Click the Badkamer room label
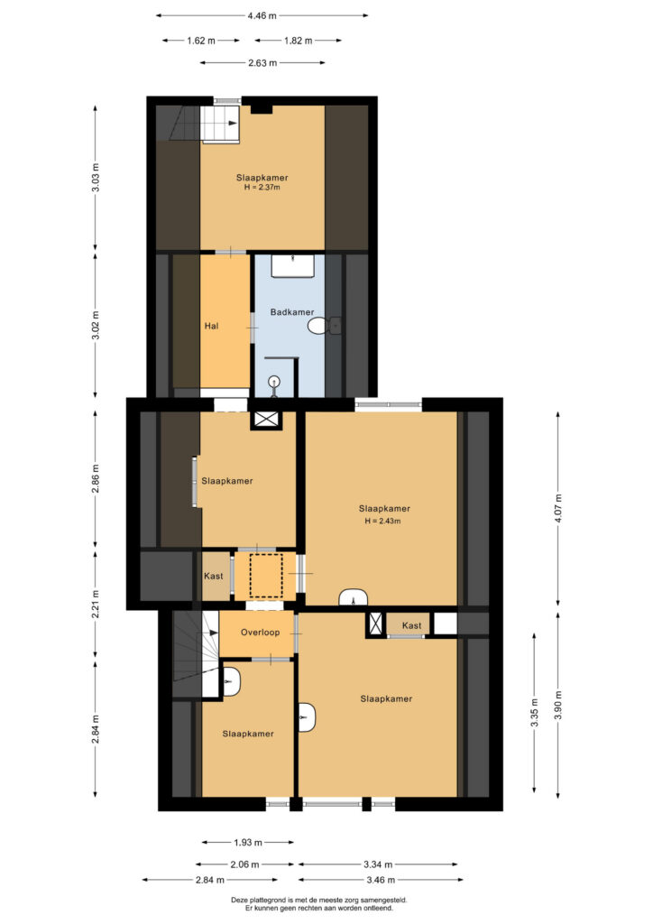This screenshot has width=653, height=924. click(x=292, y=311)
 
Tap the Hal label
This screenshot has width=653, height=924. click(x=211, y=325)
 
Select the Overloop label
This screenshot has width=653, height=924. click(x=261, y=633)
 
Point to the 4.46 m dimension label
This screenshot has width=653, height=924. click(x=262, y=16)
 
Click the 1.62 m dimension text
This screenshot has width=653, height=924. click(x=201, y=41)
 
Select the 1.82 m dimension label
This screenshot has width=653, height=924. click(x=298, y=41)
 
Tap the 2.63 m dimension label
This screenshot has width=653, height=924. click(x=262, y=62)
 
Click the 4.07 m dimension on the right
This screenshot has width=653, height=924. click(x=558, y=508)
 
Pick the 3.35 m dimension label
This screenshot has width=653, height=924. click(x=535, y=713)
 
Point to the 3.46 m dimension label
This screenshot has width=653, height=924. click(x=381, y=880)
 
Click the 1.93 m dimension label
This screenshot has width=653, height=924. click(x=248, y=842)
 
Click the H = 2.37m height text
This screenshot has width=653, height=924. click(x=262, y=188)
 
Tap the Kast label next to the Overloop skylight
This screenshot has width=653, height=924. click(x=213, y=576)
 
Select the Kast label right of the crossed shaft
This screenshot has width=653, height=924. click(x=411, y=625)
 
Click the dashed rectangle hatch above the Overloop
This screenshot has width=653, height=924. click(x=266, y=575)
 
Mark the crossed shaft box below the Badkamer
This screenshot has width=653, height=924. click(x=265, y=420)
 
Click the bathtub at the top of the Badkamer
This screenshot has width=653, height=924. click(x=292, y=266)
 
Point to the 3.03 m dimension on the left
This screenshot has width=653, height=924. click(x=96, y=177)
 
